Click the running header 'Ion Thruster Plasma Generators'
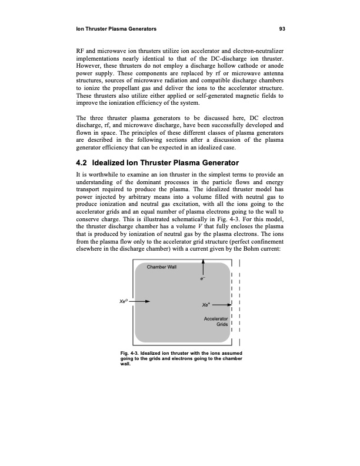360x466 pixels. click(x=112, y=28)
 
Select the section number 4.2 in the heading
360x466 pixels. click(x=77, y=162)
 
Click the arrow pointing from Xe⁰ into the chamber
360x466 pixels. click(x=142, y=302)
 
